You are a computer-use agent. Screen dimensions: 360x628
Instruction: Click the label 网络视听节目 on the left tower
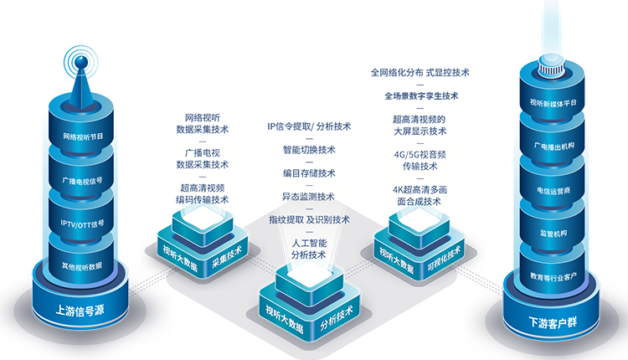(82, 136)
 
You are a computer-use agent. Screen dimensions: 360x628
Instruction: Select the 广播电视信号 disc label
(82, 180)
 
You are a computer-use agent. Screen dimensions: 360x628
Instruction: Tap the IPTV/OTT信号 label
(82, 224)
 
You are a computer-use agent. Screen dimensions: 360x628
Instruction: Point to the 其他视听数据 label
(82, 266)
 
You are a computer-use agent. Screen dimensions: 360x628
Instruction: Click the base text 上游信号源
(80, 310)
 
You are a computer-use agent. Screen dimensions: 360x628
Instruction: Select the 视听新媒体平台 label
(553, 104)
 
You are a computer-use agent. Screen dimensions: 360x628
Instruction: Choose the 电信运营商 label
(553, 189)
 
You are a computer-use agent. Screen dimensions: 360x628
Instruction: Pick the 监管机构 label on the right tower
(553, 234)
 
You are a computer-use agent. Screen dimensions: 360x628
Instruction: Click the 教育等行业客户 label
(553, 276)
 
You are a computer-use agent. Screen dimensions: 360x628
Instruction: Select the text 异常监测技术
(308, 197)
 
